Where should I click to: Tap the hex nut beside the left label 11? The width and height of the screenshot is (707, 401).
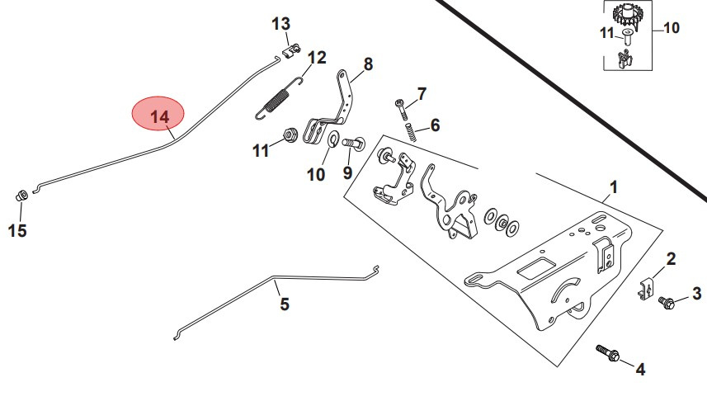coord(290,134)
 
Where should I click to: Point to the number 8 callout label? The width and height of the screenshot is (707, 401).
coord(367,64)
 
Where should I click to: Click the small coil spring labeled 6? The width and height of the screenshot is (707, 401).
coord(409,132)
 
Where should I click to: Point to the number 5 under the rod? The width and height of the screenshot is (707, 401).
coord(285,304)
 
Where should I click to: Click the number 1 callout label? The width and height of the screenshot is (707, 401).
coord(611,188)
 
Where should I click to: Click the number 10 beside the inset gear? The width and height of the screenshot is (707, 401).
coord(671,27)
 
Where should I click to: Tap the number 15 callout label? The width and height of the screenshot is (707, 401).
coord(17,231)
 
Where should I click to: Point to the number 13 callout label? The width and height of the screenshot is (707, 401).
coord(281,23)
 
